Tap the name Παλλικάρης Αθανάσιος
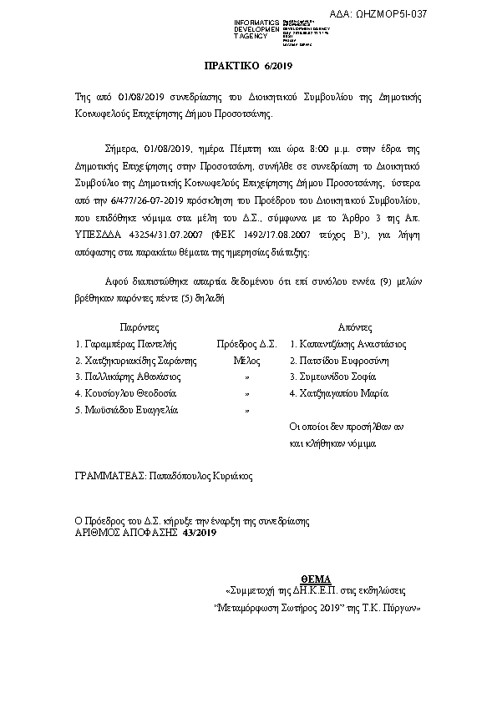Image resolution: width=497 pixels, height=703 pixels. point(127,377)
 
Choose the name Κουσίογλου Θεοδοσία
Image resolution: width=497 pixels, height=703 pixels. point(125,393)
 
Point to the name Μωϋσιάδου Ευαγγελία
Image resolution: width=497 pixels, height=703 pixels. point(127,410)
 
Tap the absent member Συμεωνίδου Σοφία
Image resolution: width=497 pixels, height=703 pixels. point(334,377)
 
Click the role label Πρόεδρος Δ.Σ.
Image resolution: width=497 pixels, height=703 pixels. point(246,343)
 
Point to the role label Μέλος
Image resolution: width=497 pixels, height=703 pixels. point(246,360)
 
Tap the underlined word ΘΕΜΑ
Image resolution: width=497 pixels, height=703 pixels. point(315,579)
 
